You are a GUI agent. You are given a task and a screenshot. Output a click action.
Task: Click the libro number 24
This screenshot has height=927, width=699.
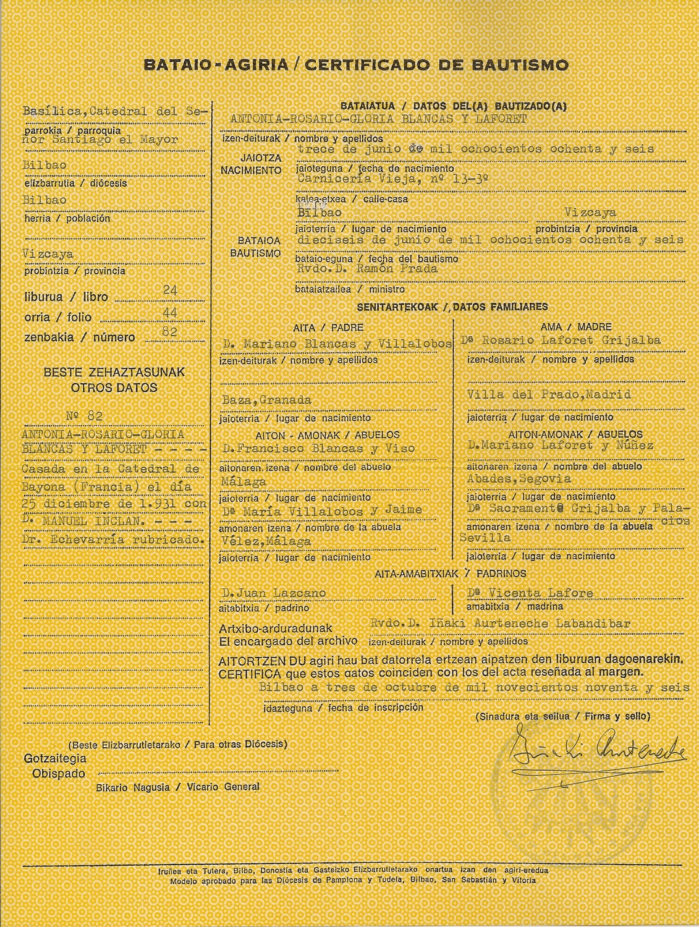point(170,290)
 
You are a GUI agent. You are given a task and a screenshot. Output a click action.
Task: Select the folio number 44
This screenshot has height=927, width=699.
point(170,313)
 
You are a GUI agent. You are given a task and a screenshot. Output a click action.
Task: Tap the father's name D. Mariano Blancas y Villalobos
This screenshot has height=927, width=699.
point(337,344)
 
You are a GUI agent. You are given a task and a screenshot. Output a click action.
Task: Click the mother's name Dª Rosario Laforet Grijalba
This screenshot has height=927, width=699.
point(560,341)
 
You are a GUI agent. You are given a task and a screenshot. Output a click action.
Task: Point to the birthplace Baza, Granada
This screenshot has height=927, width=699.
point(266,400)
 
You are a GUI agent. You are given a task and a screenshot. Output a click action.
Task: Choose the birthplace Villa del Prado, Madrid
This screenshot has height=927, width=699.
point(548,394)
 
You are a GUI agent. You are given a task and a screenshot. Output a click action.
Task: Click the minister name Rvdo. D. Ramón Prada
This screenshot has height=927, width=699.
point(367,269)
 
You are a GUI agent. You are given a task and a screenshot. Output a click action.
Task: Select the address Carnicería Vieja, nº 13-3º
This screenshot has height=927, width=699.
point(392,179)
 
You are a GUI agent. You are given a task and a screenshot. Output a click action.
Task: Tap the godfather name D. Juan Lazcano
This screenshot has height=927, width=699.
point(273,593)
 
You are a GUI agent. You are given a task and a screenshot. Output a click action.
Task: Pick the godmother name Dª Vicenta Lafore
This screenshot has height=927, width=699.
point(530,593)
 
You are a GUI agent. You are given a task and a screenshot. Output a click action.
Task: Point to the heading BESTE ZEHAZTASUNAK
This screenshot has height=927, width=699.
point(114,373)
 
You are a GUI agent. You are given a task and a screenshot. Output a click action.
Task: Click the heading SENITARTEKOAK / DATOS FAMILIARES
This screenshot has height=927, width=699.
point(452,307)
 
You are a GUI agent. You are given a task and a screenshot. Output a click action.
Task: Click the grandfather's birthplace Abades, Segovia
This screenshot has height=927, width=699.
point(519,479)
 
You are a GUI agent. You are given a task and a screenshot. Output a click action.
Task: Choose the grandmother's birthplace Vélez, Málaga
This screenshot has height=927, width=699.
point(266,541)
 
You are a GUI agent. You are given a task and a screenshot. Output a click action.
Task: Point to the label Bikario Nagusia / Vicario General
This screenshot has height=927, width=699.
point(177,787)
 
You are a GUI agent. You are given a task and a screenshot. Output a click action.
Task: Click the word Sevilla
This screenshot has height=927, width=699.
point(485,538)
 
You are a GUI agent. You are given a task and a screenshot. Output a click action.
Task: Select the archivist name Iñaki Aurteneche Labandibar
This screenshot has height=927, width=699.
point(530,624)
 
